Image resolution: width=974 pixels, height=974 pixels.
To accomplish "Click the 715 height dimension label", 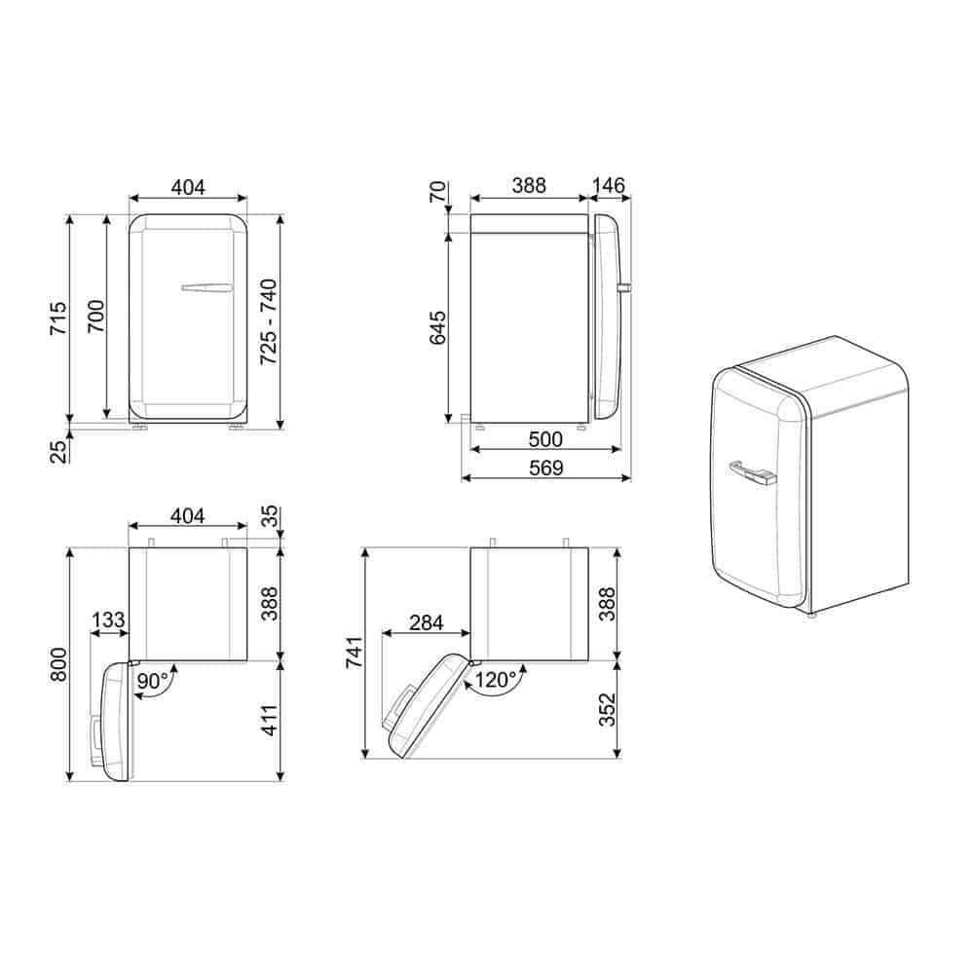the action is pos(58,318).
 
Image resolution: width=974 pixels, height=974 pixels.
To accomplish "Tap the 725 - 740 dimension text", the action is pos(269,321).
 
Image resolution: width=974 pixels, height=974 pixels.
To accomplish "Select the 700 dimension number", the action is pos(95,316).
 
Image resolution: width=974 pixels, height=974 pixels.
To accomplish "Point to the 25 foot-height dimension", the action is pos(58,452).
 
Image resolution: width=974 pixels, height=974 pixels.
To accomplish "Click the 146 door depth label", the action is pos(608,186).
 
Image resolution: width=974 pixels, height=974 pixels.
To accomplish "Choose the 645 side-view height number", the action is pos(438,328).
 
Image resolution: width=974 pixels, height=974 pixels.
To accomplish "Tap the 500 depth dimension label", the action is pos(545,439).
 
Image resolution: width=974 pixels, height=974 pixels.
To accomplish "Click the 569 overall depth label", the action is pos(546,468).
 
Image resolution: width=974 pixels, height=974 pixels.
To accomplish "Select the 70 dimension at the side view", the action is pos(438,191).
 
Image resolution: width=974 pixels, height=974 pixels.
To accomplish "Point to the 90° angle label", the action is pos(154,681).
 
